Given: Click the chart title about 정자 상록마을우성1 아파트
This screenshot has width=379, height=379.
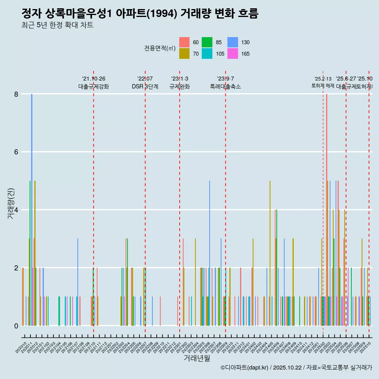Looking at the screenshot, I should [x=140, y=14].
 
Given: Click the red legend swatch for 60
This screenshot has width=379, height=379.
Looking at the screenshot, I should [x=184, y=42].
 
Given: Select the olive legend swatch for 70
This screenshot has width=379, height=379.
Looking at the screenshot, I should [x=184, y=54].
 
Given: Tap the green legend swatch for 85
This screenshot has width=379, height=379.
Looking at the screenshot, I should [x=207, y=42].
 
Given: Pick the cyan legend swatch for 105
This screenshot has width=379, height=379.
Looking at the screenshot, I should [x=207, y=54].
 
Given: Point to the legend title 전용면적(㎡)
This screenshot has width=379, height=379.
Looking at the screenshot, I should [x=159, y=48].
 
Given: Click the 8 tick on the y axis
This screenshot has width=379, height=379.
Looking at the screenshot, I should [x=16, y=94].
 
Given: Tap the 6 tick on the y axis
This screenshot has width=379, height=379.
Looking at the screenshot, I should [x=16, y=152].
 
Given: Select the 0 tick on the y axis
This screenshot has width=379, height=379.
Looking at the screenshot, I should [x=16, y=326].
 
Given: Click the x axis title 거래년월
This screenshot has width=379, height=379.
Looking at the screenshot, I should [x=197, y=358].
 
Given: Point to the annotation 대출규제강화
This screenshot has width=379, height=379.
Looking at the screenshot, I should [x=94, y=86].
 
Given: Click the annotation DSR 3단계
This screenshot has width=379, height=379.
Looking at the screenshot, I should [x=145, y=86].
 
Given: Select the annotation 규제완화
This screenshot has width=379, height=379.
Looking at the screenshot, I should [x=180, y=86].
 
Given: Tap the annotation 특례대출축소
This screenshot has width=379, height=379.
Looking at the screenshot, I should [x=225, y=86].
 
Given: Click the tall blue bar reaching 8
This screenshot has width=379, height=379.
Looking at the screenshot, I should [x=32, y=209].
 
